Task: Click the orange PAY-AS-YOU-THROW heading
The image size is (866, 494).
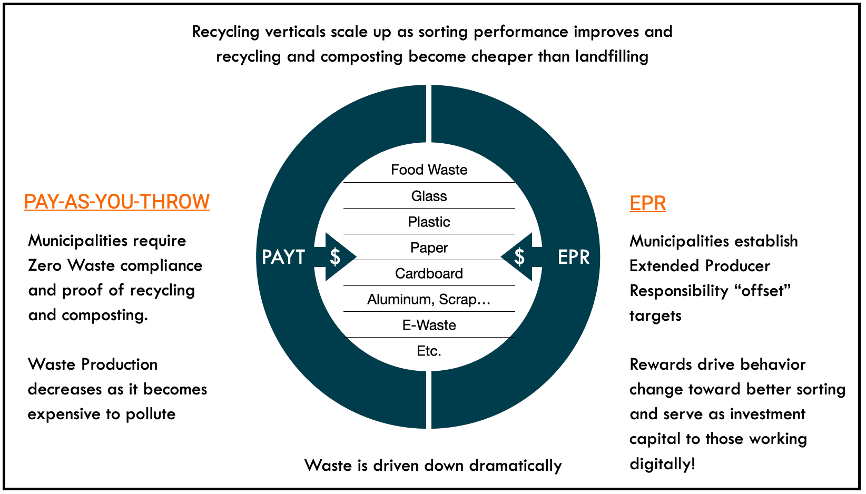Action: coord(116,202)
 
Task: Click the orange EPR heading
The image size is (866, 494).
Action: coord(647,203)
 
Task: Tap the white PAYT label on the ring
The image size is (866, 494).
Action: coord(283,257)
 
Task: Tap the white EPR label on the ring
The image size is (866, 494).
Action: coord(574,257)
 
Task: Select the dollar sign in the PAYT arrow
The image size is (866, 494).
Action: coord(335,257)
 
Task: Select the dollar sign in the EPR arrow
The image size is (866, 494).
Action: coord(519,257)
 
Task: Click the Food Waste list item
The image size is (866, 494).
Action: coord(429,170)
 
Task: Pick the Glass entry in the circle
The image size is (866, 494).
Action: coord(429,196)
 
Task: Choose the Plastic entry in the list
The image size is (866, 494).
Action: coord(429,222)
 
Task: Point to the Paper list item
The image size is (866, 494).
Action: coord(429,248)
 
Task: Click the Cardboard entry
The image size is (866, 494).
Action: coord(429,273)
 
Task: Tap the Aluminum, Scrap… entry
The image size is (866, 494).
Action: coord(429,299)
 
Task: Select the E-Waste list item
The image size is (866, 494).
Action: coord(429,325)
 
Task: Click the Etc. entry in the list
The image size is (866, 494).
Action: coord(429,351)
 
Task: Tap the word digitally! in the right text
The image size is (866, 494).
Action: coord(662,464)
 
